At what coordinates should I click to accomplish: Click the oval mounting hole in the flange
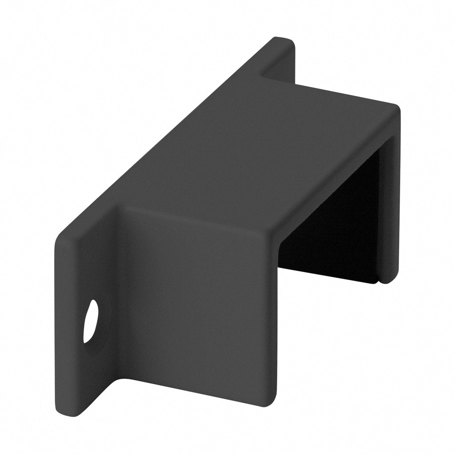point(91,321)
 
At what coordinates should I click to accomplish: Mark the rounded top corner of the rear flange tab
point(289,41)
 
